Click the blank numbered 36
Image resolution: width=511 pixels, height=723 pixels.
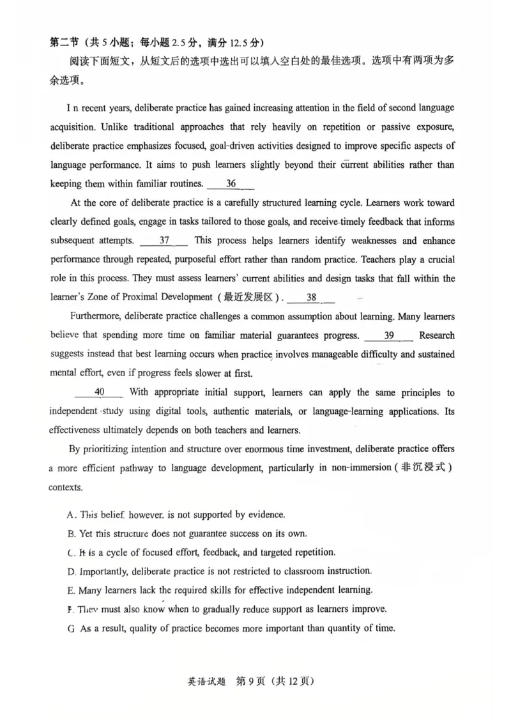tap(231, 184)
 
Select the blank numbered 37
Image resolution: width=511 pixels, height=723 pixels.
tap(164, 241)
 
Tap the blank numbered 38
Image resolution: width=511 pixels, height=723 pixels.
tap(312, 297)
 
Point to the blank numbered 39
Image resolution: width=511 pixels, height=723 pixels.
tap(388, 335)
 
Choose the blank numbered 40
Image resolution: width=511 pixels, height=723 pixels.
tap(99, 392)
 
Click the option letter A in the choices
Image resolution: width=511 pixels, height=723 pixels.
tap(71, 515)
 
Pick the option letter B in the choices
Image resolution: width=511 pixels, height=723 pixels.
tap(71, 533)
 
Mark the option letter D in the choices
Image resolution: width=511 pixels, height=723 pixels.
tap(71, 571)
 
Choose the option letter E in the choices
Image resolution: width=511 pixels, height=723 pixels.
tap(71, 590)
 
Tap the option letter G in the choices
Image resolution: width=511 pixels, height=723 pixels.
tap(71, 628)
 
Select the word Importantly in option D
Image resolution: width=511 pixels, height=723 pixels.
tap(103, 571)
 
